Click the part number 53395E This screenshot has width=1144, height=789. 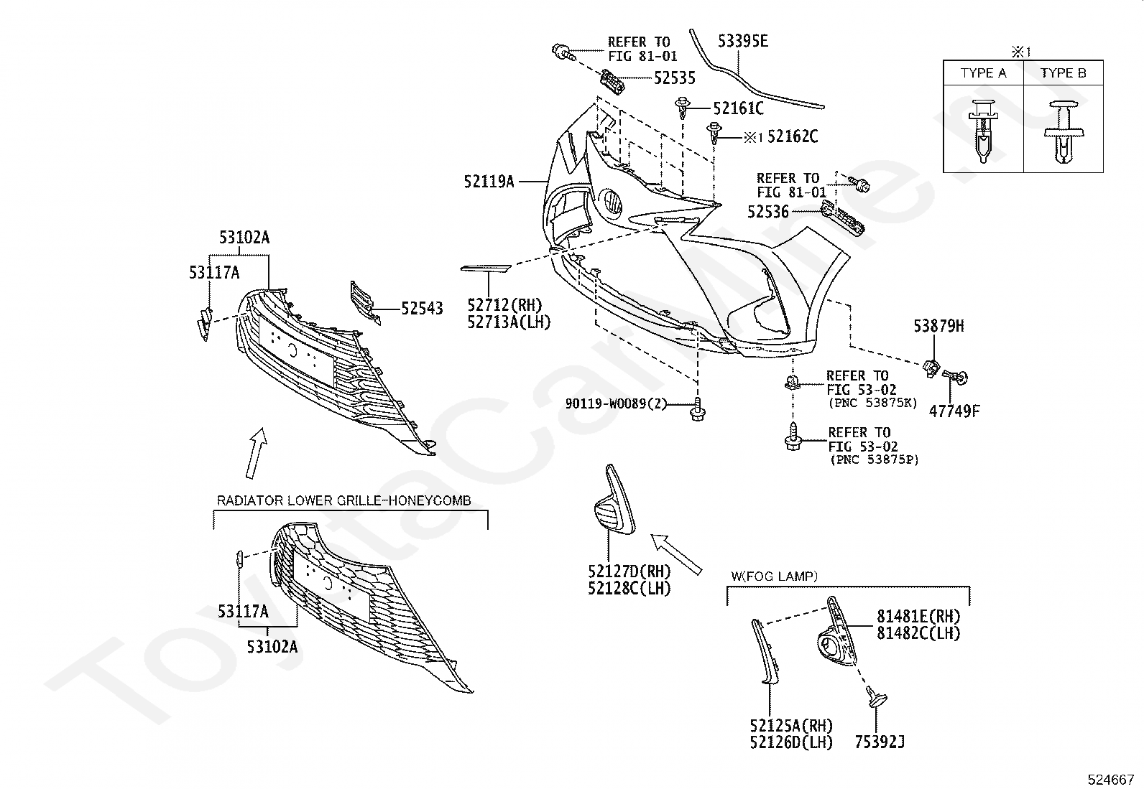coord(743,41)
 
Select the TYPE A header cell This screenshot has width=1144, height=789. coord(983,73)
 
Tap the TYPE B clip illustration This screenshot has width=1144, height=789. coord(1064,131)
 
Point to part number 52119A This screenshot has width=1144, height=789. coord(489,182)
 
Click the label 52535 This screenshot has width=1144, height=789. coord(675,78)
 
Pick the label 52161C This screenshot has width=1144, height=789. coord(739,108)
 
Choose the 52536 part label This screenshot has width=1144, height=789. coord(768,211)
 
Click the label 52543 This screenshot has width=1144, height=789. coord(422,308)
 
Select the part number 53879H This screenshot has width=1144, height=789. coord(938,326)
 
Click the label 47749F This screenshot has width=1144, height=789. coord(954,411)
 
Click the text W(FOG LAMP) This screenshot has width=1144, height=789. coord(774,576)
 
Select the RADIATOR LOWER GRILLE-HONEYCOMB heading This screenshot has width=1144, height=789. coord(343,500)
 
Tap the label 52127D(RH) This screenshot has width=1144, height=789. coord(629,571)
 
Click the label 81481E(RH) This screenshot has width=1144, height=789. coord(919,617)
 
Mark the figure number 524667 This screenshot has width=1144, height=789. coord(1111,780)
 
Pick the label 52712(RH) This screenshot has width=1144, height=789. coord(504,305)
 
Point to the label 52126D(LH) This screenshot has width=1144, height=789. coord(791,742)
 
